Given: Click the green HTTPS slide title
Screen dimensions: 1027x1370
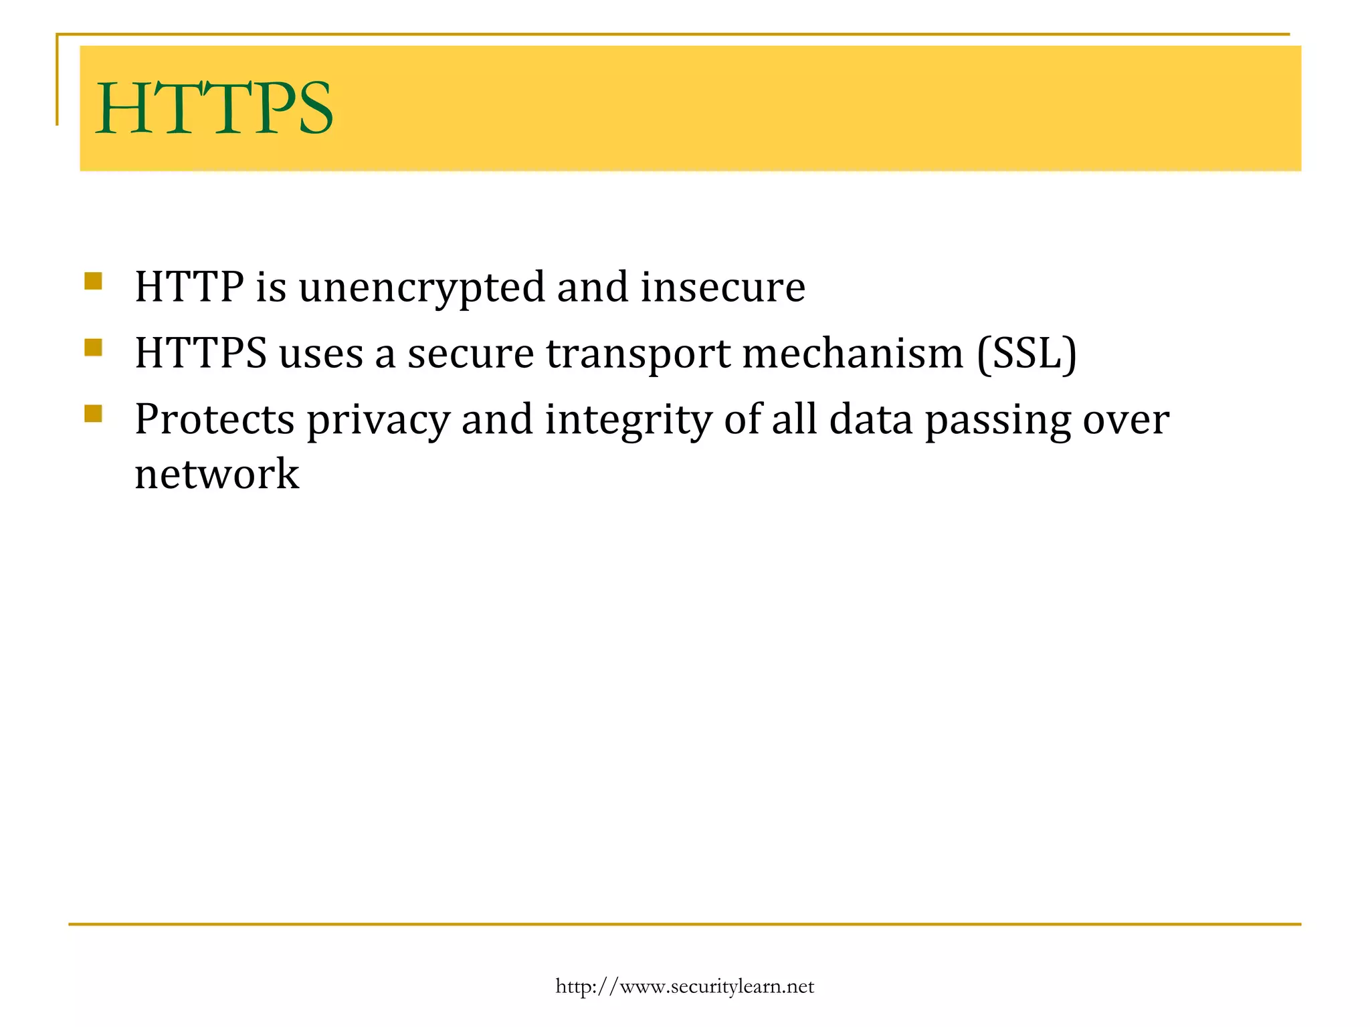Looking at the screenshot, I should pos(214,108).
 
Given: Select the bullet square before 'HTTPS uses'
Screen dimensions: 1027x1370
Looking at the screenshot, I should pos(93,347).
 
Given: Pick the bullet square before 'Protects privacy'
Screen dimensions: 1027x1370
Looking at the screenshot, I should pos(93,413).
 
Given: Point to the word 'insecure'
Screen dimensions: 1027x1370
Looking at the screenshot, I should pos(723,288).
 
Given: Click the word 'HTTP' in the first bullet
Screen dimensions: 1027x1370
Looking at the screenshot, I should pos(189,288).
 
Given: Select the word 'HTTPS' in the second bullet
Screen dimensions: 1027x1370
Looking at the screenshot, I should pos(201,354).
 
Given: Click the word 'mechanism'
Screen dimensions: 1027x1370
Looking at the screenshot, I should pos(853,354).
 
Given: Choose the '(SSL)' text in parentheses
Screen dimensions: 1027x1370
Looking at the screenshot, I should pos(1027,354).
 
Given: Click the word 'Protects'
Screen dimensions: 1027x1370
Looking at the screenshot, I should pos(215,420).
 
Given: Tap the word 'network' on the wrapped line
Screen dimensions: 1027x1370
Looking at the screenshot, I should pos(217,475).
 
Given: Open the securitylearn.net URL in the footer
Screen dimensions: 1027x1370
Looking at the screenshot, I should pos(684,987).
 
